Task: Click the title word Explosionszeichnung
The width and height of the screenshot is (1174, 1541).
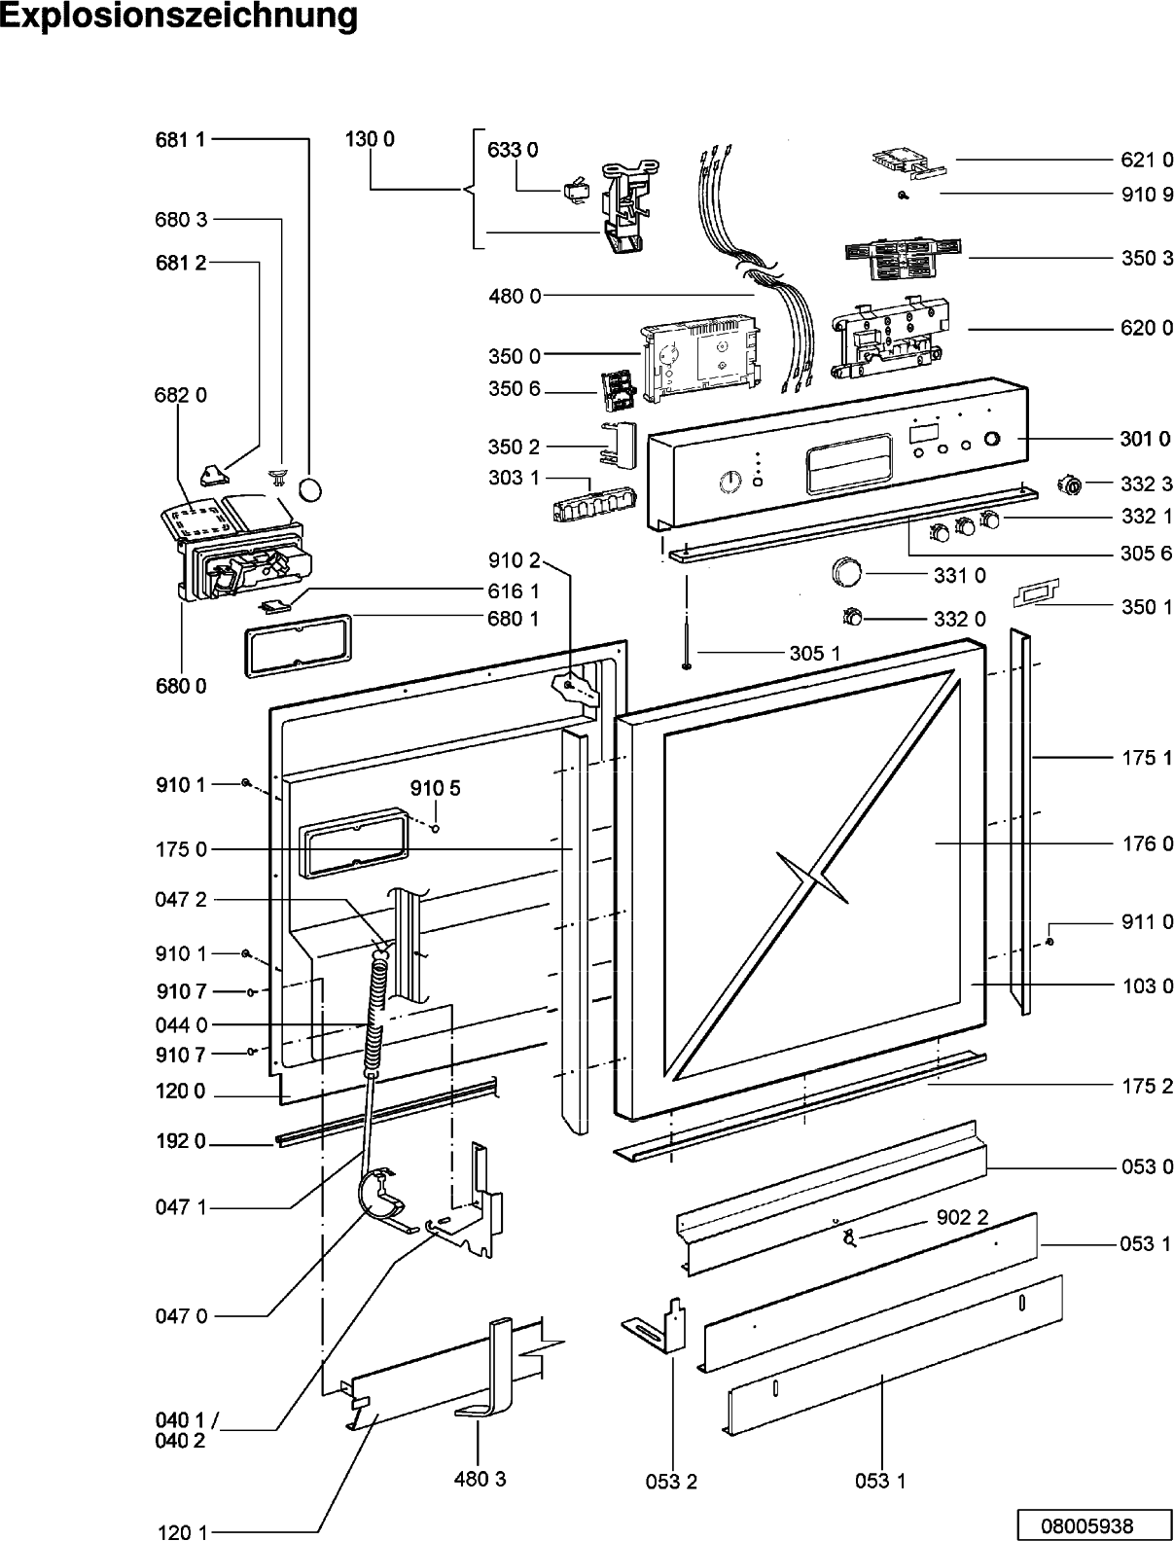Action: (179, 17)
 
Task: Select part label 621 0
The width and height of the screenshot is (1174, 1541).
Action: (1147, 161)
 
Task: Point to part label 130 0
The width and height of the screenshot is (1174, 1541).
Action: (370, 139)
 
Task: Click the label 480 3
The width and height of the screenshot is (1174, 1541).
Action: (480, 1476)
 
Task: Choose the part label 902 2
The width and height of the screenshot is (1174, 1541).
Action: (962, 1217)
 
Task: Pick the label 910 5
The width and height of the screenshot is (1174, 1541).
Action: (435, 788)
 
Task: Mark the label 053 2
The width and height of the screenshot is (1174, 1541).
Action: (671, 1478)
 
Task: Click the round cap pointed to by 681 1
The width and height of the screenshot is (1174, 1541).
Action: (311, 489)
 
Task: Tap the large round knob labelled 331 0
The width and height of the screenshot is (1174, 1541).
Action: (846, 571)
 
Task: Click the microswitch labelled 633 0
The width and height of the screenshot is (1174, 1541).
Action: (576, 193)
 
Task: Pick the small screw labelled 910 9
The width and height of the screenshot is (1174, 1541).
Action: (904, 196)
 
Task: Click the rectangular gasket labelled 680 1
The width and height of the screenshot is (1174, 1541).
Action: (299, 646)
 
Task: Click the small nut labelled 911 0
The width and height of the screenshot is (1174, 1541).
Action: (1049, 942)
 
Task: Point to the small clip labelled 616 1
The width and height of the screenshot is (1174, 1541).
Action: (272, 604)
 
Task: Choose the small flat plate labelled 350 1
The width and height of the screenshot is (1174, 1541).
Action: (1036, 592)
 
